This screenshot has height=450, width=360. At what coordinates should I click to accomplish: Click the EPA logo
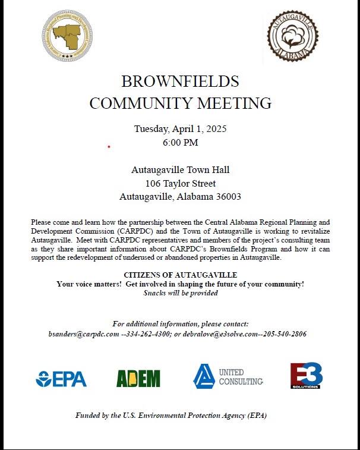click(61, 378)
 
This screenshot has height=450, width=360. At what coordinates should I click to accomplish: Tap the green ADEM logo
click(138, 378)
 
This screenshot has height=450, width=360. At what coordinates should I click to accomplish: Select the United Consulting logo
click(228, 376)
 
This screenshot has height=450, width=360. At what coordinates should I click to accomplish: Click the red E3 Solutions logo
click(306, 376)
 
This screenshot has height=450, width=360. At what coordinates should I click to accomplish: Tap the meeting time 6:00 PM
click(180, 143)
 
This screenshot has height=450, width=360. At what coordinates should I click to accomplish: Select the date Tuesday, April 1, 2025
click(180, 128)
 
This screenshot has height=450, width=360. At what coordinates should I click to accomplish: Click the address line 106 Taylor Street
click(180, 183)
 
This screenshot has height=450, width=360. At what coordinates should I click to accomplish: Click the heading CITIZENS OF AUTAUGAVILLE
click(180, 275)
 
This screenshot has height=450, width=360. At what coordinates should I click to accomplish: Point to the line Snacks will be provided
click(180, 292)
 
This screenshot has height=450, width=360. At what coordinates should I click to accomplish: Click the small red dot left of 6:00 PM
click(109, 146)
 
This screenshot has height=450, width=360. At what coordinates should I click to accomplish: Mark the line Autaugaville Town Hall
click(180, 170)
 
